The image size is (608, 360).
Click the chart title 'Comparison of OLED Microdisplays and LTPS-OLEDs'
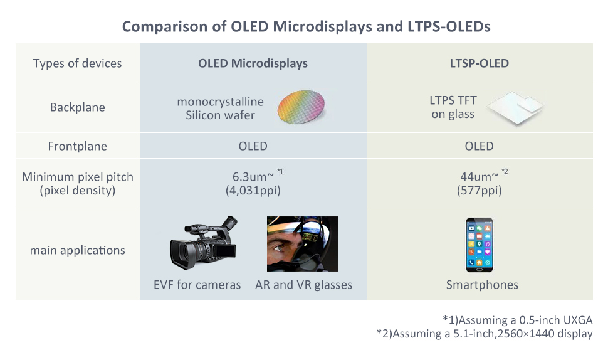click(307, 27)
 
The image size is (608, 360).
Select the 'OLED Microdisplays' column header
click(253, 63)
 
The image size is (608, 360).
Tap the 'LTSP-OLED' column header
click(480, 63)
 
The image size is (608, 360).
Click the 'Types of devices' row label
click(77, 63)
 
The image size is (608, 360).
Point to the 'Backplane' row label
click(78, 107)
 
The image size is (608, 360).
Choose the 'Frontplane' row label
click(78, 146)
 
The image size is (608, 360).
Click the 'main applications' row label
click(78, 250)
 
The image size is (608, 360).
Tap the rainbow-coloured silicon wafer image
click(301, 107)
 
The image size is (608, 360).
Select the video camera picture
click(204, 243)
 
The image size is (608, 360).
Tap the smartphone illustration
click(480, 245)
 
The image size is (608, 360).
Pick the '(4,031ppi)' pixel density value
click(253, 191)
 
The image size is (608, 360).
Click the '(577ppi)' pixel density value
click(480, 191)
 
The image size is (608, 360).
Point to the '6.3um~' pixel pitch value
click(253, 177)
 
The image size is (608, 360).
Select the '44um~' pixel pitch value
click(480, 177)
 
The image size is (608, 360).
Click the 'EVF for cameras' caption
click(197, 285)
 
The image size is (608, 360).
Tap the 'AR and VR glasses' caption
click(303, 285)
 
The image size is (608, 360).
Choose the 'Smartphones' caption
click(482, 285)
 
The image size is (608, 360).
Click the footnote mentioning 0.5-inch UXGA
click(518, 320)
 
